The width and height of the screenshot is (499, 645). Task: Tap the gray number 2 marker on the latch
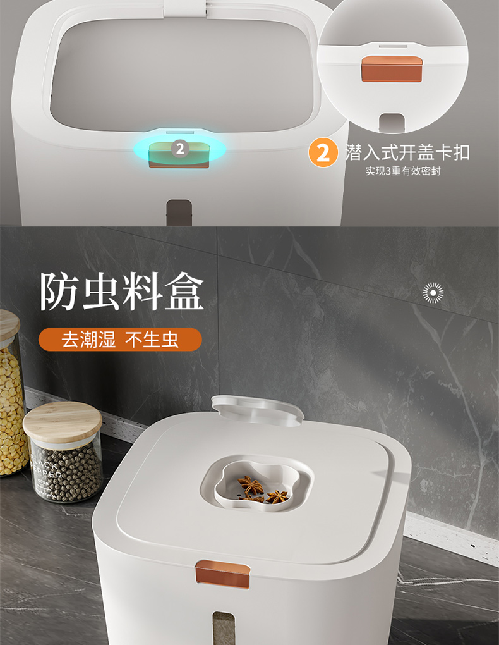coord(180,149)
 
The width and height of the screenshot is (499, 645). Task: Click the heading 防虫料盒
coord(122,292)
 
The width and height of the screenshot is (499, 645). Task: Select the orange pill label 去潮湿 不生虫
coord(120,340)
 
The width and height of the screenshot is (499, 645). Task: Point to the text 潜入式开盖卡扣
coord(407,152)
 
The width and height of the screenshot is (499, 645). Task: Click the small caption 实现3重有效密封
coord(402,171)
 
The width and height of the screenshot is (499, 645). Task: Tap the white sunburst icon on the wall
coord(433,292)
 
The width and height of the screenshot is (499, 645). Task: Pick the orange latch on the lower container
coord(222,574)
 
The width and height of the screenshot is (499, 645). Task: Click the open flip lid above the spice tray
coord(257,409)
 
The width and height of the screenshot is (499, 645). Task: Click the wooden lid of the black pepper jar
coord(62,421)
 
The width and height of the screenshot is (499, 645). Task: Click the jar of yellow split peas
coord(11,405)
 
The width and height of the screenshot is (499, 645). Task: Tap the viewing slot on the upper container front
coord(179,211)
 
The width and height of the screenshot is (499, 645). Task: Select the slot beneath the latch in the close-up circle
coord(392,122)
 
